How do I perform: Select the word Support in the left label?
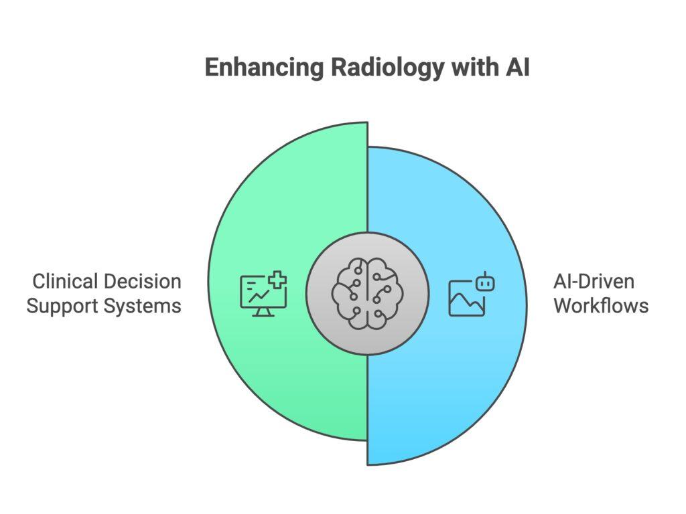pyautogui.click(x=59, y=306)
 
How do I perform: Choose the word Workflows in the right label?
pyautogui.click(x=601, y=306)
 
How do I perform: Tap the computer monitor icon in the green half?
pyautogui.click(x=263, y=294)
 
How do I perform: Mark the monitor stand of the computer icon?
pyautogui.click(x=263, y=313)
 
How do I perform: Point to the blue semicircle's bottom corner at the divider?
pyautogui.click(x=368, y=462)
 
